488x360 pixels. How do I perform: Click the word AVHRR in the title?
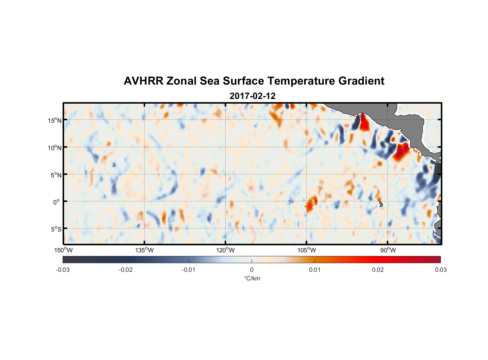tap(144, 81)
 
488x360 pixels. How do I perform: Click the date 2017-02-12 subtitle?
tap(252, 96)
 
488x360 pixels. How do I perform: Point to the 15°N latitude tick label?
tap(54, 120)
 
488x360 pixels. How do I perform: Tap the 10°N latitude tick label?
tap(54, 148)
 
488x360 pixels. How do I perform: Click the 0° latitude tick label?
tap(56, 202)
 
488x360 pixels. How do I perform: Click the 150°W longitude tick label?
tap(64, 250)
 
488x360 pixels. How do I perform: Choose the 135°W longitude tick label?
tap(145, 250)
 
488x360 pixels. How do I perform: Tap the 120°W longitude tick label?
tap(226, 250)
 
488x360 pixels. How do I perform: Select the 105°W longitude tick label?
tap(307, 250)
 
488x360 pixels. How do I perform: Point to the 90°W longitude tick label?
tap(388, 250)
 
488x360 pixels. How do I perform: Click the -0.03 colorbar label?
tap(63, 270)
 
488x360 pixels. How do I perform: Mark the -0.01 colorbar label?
tap(189, 270)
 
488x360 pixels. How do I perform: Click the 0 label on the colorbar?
tap(252, 270)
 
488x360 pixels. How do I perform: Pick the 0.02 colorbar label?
tap(378, 270)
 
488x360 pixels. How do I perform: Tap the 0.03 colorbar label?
tap(440, 270)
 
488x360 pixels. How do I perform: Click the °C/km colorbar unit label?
tap(252, 278)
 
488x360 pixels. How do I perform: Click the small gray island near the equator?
tap(381, 204)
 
